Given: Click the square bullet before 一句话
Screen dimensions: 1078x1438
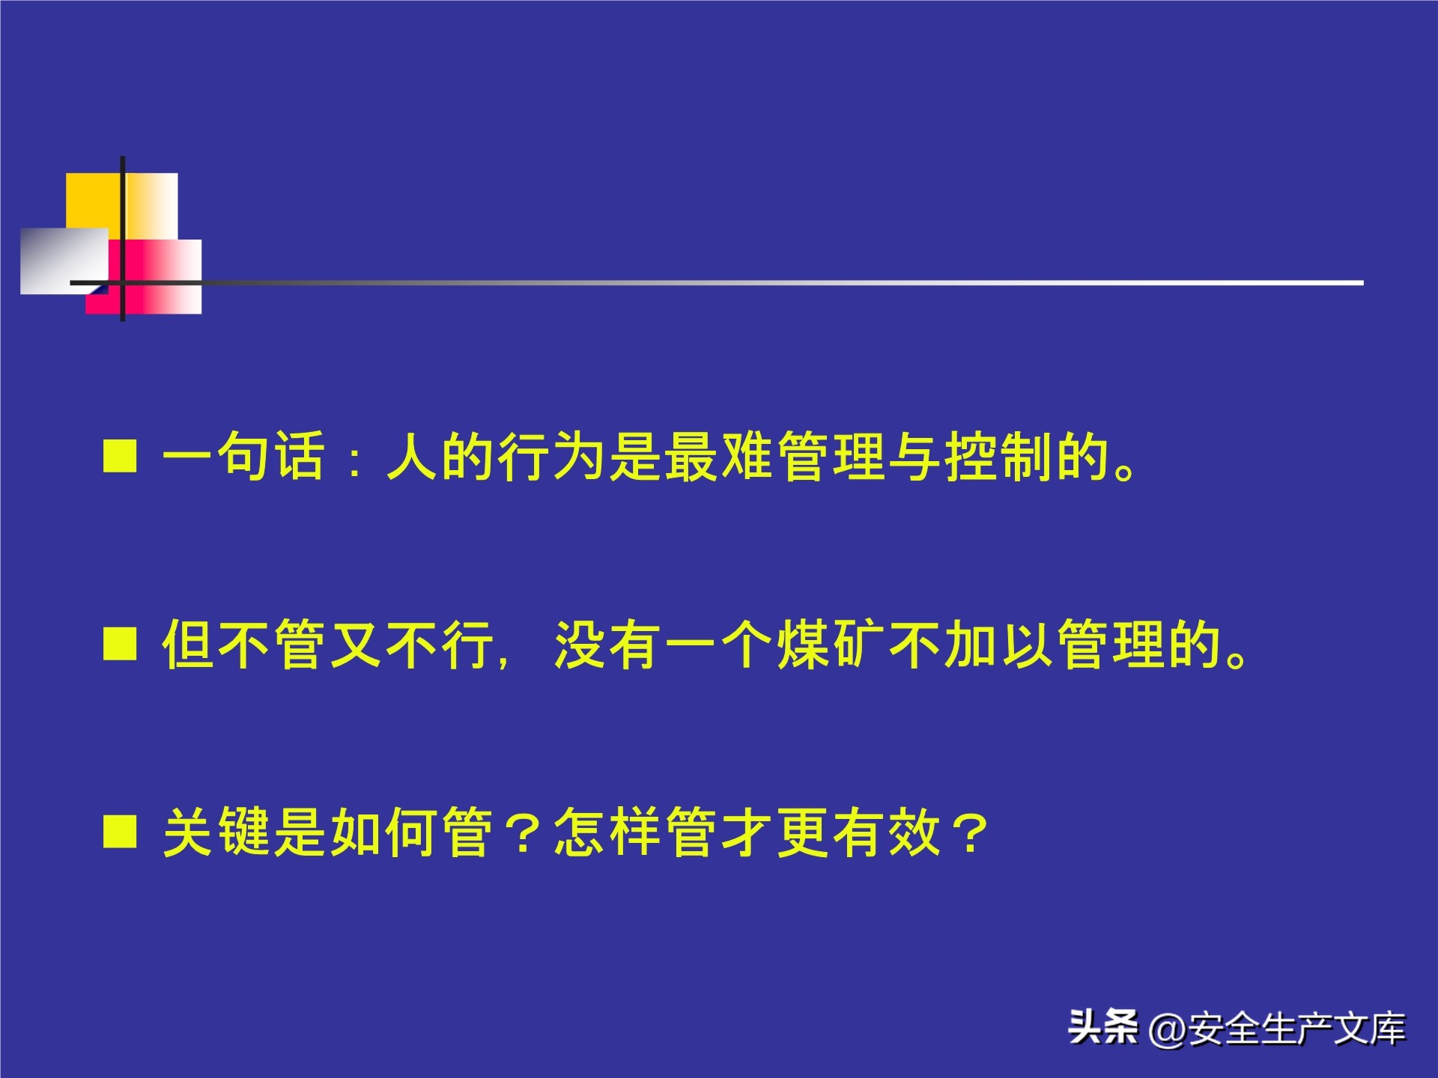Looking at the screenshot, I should coord(120,456).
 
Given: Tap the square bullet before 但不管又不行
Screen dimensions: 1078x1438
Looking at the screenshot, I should coord(120,644).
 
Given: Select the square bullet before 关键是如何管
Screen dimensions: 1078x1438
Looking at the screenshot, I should coord(120,832).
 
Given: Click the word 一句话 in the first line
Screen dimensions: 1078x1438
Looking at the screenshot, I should coord(244,456).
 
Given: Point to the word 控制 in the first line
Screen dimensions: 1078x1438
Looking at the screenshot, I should coord(1000,456).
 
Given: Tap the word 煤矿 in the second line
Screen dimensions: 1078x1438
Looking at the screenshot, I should coord(831,644).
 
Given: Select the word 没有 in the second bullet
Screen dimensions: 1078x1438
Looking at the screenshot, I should coord(608,644).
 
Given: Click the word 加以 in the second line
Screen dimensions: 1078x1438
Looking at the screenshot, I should coord(1000,644).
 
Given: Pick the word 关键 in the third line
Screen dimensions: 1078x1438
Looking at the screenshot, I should coord(216,832).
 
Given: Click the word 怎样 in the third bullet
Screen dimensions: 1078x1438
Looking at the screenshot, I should coord(608,832).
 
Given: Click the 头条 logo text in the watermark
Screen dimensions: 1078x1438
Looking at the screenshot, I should coord(1102,1026).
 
